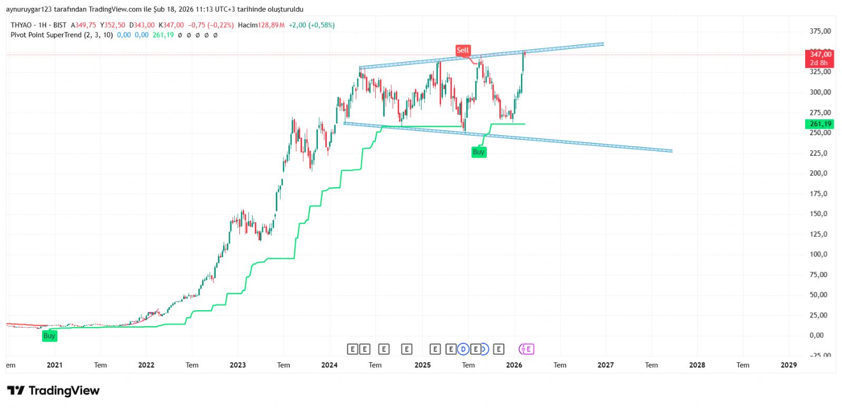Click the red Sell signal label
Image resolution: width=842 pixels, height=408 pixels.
463,50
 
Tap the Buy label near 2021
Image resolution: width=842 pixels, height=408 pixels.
49,336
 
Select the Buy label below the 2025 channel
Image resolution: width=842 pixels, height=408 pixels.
478,152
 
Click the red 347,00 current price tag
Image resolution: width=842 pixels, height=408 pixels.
819,55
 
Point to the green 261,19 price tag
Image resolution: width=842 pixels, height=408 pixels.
819,124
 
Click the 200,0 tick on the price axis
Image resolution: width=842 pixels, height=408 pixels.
818,174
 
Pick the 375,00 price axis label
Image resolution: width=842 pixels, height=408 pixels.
820,32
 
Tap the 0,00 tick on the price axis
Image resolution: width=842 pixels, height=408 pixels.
817,335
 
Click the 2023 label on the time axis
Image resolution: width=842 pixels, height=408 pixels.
238,365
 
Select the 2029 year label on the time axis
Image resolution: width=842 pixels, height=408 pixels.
788,365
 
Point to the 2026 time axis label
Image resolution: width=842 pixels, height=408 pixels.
514,365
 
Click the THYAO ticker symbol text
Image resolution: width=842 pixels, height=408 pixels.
21,25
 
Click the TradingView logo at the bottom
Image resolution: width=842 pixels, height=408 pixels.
53,391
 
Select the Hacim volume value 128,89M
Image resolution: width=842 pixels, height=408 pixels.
272,25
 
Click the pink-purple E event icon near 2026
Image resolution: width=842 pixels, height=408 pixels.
527,349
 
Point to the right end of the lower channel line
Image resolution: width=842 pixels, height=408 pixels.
671,151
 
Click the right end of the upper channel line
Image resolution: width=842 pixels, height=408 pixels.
603,44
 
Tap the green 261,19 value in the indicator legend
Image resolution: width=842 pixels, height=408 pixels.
163,35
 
